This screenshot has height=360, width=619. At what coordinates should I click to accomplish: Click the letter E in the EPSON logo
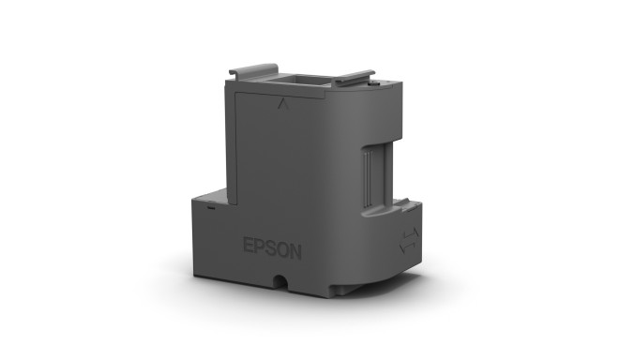tap(248, 247)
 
